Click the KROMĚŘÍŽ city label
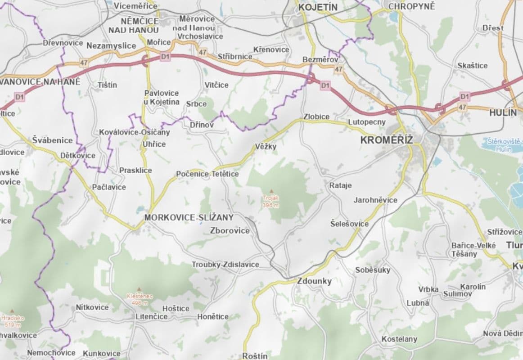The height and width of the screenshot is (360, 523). point(387,140)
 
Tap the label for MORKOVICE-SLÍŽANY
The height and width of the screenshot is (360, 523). point(189,218)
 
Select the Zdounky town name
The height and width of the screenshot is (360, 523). point(314,281)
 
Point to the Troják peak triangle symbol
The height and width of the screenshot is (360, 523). point(271,191)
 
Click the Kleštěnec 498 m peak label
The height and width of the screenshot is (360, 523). point(140,300)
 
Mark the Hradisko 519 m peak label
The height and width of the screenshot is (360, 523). point(12,321)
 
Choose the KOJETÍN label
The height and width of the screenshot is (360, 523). point(317,7)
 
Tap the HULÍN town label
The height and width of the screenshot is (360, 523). point(503,113)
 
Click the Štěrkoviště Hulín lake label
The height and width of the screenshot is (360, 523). point(504,145)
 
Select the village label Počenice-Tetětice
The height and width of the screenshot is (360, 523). point(207,174)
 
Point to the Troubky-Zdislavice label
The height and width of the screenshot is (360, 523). point(225,265)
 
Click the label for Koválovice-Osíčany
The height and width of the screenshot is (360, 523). point(135,132)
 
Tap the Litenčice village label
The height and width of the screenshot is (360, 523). point(151,316)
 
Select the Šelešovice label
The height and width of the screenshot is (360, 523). point(349,224)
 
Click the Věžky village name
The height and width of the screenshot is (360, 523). point(266,147)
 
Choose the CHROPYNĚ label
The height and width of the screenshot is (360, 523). point(411,6)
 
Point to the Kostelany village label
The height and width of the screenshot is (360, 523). point(399,339)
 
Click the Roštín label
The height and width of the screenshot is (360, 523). point(255,355)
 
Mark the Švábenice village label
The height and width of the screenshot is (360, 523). point(52,140)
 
